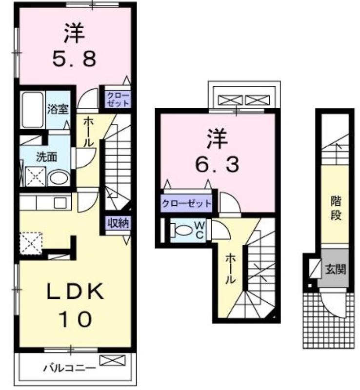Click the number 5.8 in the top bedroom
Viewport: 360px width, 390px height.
tap(74, 59)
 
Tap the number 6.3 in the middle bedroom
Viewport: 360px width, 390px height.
tap(217, 164)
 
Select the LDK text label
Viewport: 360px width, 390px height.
tap(75, 291)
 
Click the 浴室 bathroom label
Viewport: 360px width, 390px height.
tap(58, 109)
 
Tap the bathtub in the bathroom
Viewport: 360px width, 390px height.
tap(33, 110)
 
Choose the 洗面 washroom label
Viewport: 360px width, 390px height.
tap(46, 157)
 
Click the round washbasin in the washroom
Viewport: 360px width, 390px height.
tap(59, 178)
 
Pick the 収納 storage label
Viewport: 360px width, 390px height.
tap(119, 223)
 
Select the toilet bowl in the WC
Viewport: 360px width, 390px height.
tap(182, 230)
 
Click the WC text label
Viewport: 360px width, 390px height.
tap(200, 230)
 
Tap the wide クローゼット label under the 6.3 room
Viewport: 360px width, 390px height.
tap(186, 203)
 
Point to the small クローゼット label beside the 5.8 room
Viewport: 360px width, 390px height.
tap(118, 99)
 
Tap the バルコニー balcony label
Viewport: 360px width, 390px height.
tap(69, 368)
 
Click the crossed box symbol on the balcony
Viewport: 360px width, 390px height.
tap(112, 360)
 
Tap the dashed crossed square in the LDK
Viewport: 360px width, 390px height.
tap(31, 243)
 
